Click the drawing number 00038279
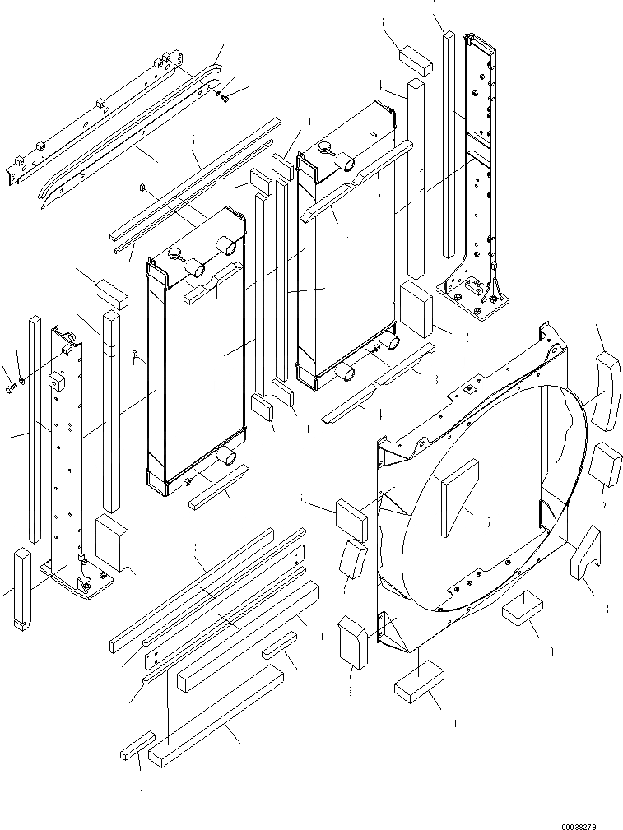pos(590,820)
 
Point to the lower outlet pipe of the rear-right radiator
pos(343,373)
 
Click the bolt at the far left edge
pos(11,387)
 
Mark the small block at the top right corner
pos(416,57)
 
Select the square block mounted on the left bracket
pos(57,381)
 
